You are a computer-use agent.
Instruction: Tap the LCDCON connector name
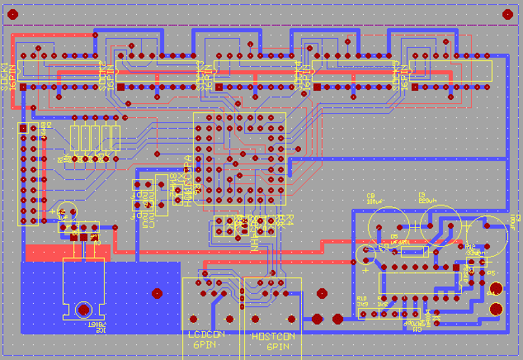[206, 335]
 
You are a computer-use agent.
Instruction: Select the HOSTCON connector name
[273, 337]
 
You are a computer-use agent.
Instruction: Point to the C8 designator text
[370, 195]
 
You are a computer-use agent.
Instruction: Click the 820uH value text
[428, 201]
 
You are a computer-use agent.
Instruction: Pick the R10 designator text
[361, 298]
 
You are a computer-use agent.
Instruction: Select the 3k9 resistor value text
[362, 305]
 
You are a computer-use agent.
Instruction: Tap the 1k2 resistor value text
[383, 305]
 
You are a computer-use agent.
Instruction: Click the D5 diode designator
[395, 236]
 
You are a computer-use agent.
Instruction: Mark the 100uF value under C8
[375, 201]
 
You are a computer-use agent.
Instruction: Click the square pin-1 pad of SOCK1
[23, 87]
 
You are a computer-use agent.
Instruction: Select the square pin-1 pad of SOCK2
[121, 87]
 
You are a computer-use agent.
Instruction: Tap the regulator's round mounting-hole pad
[83, 310]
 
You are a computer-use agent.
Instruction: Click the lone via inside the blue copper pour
[157, 292]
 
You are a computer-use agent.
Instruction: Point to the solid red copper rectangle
[49, 253]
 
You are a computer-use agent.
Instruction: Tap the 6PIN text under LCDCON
[205, 347]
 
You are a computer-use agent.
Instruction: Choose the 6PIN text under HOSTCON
[277, 348]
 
